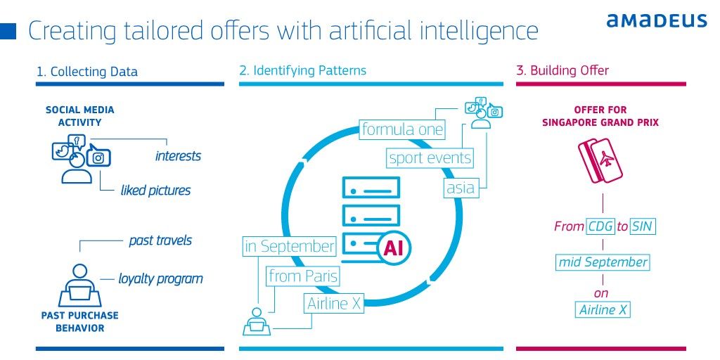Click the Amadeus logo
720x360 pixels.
coord(657,20)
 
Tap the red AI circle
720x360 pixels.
coord(394,247)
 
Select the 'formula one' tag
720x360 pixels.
coord(402,130)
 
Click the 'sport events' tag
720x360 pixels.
coord(430,158)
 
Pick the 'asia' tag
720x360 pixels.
coord(461,188)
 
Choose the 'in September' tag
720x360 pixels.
coord(289,247)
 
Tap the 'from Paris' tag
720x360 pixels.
coord(303,276)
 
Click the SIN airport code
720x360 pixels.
coord(642,226)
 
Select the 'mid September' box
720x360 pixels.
coord(602,262)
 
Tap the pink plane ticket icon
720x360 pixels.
coord(600,160)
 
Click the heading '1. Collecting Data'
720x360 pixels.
coord(87,72)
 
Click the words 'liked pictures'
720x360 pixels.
coord(155,191)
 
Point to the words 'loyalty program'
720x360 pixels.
coord(160,279)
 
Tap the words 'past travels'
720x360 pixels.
coord(160,240)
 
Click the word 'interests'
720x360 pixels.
coord(178,156)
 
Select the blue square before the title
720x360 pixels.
coord(9,31)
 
